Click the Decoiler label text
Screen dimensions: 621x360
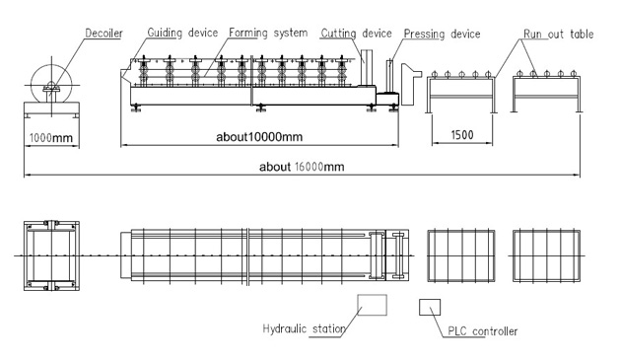(103, 34)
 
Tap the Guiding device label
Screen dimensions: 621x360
(182, 33)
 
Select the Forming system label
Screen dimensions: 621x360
(268, 33)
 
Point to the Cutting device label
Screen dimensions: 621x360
(356, 34)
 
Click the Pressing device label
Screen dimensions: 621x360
(442, 35)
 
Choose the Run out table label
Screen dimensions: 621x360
(559, 35)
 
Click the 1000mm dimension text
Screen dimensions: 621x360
(51, 138)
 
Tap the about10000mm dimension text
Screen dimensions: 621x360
(259, 137)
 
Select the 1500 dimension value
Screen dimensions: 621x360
(462, 135)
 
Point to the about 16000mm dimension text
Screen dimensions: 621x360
(302, 167)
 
